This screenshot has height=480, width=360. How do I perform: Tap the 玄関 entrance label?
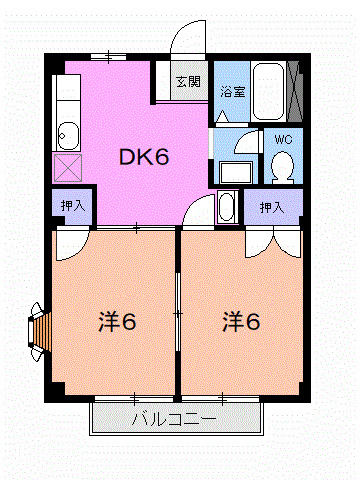pos(187,81)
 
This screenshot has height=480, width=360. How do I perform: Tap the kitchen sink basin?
pos(68,133)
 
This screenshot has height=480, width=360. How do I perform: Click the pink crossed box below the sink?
pos(68,166)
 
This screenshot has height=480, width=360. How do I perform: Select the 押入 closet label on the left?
pos(72,205)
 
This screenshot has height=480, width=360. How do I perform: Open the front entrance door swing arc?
pos(187,42)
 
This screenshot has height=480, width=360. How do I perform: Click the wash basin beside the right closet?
pos(227,208)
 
